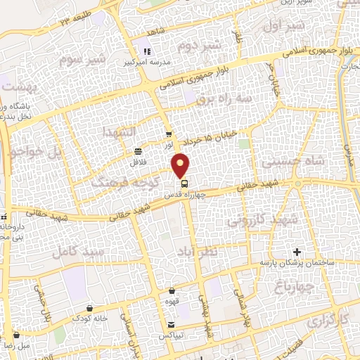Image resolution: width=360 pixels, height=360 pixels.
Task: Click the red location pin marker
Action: coord(181,165)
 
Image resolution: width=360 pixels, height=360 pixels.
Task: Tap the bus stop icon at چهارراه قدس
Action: coord(174,185)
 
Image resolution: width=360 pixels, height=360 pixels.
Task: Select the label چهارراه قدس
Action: coord(188,195)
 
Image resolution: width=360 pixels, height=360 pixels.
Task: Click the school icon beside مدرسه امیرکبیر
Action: coord(147,51)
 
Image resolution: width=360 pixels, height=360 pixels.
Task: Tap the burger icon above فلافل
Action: coord(138,151)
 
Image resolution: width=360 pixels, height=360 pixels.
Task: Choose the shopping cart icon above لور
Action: coord(168,134)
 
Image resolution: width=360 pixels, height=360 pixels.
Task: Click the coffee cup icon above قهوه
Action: coord(172,290)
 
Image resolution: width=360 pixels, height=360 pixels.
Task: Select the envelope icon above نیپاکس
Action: coord(172,324)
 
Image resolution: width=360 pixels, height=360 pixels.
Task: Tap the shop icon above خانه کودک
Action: coord(89,309)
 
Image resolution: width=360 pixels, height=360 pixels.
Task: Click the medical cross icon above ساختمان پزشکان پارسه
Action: coord(297,252)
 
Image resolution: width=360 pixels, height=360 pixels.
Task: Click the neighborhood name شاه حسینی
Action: coord(286,161)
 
